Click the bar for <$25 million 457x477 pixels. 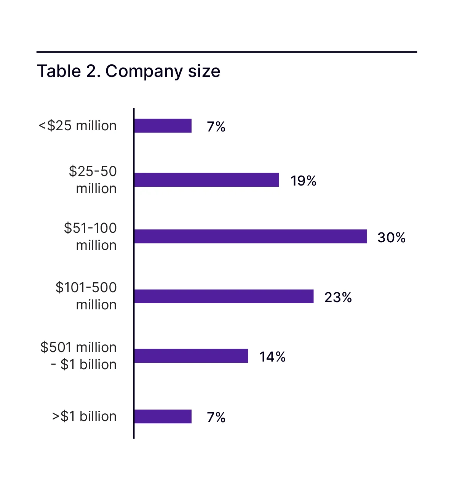[163, 126]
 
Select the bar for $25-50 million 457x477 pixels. [206, 180]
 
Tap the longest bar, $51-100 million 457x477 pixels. [250, 236]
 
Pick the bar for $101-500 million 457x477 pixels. [224, 296]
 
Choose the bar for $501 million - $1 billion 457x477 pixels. [191, 356]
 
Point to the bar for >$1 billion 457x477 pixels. [163, 416]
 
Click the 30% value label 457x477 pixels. [391, 238]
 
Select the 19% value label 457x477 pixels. [303, 181]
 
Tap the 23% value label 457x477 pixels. [338, 298]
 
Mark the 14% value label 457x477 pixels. [272, 357]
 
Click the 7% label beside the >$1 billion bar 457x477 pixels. [216, 418]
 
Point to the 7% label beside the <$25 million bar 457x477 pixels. [216, 127]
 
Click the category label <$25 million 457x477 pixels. [78, 126]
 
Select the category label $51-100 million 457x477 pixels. [90, 237]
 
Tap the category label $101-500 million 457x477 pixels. [86, 296]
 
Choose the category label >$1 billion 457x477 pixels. [84, 416]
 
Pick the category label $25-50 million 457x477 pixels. [93, 180]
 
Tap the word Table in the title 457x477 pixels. [59, 71]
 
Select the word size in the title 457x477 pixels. [204, 71]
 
